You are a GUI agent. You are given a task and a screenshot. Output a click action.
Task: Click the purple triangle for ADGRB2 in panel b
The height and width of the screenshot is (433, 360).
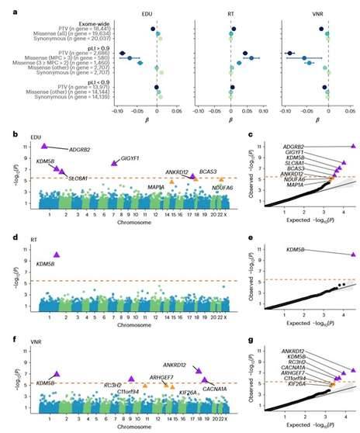click(x=44, y=145)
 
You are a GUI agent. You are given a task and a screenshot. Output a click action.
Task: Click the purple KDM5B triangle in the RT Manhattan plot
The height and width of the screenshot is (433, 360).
click(x=56, y=254)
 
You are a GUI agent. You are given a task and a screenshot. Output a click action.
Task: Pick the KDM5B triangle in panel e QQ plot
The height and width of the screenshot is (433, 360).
click(x=353, y=254)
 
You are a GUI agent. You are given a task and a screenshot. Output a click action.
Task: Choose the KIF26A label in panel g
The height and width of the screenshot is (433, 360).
click(x=289, y=383)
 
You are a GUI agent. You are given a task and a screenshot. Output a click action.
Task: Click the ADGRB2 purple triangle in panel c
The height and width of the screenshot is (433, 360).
click(x=353, y=146)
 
